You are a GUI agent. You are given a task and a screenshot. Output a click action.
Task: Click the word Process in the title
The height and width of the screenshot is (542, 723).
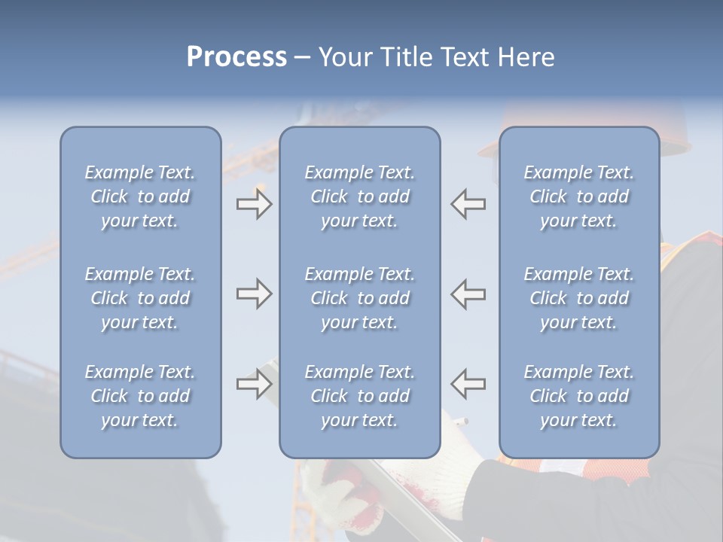236,57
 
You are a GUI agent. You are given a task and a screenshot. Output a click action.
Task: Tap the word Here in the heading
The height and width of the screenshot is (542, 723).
526,57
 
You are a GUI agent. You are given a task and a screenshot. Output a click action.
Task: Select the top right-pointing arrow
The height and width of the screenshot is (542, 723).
254,204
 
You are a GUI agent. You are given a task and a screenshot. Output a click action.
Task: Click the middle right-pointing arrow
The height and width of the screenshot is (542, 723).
254,294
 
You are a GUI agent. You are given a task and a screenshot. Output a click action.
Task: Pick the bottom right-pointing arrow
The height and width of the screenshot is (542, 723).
254,384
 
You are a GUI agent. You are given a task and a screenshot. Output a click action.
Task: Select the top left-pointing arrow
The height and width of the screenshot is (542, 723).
468,204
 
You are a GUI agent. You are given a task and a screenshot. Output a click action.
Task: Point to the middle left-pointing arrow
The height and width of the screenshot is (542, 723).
468,294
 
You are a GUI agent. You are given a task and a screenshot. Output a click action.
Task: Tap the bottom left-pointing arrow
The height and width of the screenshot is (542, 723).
468,384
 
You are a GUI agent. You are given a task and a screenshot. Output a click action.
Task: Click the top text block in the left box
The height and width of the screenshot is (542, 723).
140,196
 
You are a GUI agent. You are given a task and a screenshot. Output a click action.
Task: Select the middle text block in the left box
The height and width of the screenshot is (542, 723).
140,298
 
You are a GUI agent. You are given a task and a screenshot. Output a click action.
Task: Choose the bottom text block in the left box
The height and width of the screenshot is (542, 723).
140,396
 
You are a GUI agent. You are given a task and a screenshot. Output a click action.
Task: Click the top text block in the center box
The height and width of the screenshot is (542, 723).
360,196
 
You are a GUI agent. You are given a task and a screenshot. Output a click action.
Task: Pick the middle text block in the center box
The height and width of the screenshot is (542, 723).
360,298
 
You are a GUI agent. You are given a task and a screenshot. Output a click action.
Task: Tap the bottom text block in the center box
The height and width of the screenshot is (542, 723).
360,396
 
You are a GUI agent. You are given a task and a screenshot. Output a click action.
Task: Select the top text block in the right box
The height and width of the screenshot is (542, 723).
579,196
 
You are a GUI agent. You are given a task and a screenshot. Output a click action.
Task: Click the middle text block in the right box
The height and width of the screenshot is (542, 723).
579,298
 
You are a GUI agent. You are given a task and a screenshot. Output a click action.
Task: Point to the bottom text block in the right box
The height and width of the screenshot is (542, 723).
579,396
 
